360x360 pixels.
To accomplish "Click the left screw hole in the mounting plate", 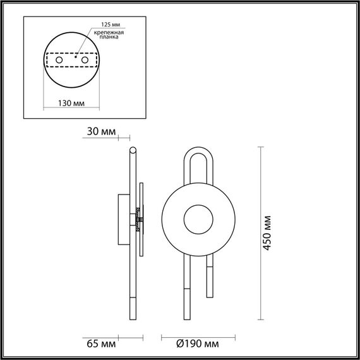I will (59, 60).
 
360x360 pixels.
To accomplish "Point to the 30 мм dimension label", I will (102, 132).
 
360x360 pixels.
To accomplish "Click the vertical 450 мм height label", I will (270, 235).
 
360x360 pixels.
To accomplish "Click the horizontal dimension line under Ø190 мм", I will (198, 334).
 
